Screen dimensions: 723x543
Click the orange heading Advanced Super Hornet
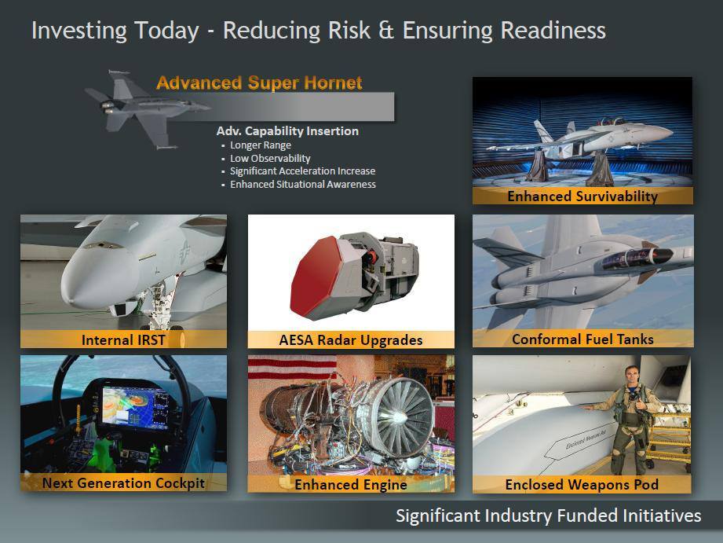[x=259, y=83]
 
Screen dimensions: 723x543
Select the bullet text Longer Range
[x=261, y=145]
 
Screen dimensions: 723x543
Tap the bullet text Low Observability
[x=270, y=159]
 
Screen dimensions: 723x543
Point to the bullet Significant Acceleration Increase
[x=302, y=171]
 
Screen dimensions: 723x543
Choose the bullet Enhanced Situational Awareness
[x=303, y=184]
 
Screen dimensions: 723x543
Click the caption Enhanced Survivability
[x=582, y=196]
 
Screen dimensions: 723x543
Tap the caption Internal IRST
[x=123, y=340]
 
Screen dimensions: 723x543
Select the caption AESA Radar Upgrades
[x=350, y=340]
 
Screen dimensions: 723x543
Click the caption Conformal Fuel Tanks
[x=582, y=339]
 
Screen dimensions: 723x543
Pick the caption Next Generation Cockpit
[x=123, y=483]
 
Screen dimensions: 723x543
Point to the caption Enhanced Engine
[x=350, y=484]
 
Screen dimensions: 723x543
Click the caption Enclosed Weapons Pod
[x=582, y=484]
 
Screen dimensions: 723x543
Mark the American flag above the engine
[x=292, y=367]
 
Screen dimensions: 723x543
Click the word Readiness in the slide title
[x=553, y=31]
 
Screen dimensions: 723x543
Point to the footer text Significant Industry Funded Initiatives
[x=548, y=515]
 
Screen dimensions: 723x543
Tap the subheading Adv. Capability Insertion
[x=287, y=131]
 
